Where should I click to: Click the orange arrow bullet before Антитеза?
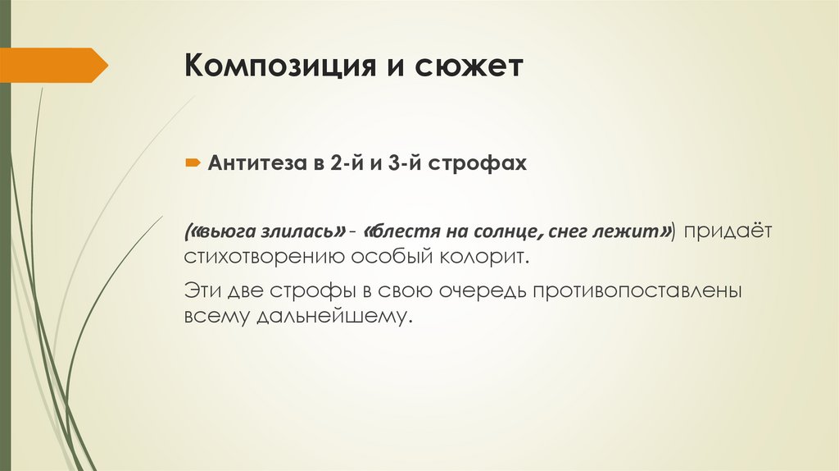(x=190, y=164)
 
